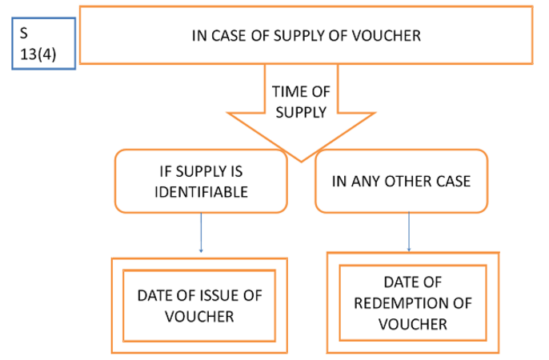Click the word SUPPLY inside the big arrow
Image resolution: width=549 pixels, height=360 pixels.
(x=300, y=113)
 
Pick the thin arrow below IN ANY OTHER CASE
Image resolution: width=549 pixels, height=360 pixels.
(x=410, y=231)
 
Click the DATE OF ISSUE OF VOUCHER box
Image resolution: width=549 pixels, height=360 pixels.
(x=200, y=306)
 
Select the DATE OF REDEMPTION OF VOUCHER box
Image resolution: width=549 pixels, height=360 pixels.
(x=413, y=303)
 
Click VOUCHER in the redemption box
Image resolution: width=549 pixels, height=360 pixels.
(x=413, y=323)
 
